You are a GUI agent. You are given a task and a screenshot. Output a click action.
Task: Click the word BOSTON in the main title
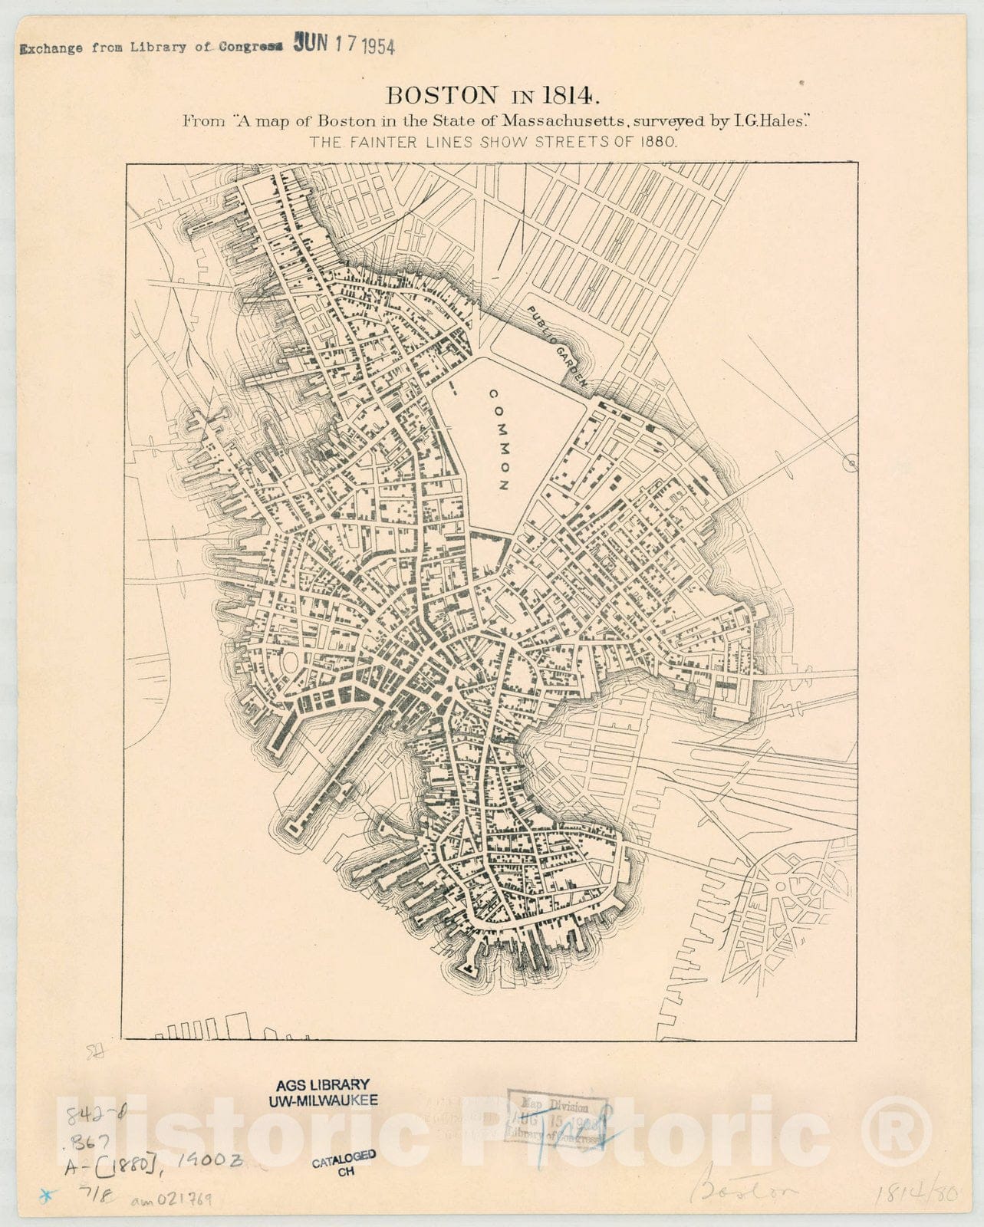[440, 95]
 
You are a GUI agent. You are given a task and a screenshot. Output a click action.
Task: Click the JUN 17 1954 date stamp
[344, 45]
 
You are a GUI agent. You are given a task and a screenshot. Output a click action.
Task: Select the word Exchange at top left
[52, 48]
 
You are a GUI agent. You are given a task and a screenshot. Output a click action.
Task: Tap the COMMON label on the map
[499, 439]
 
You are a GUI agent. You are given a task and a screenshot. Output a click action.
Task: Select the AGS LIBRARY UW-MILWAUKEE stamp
[323, 1092]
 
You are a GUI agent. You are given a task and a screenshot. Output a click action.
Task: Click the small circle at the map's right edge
[849, 462]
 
